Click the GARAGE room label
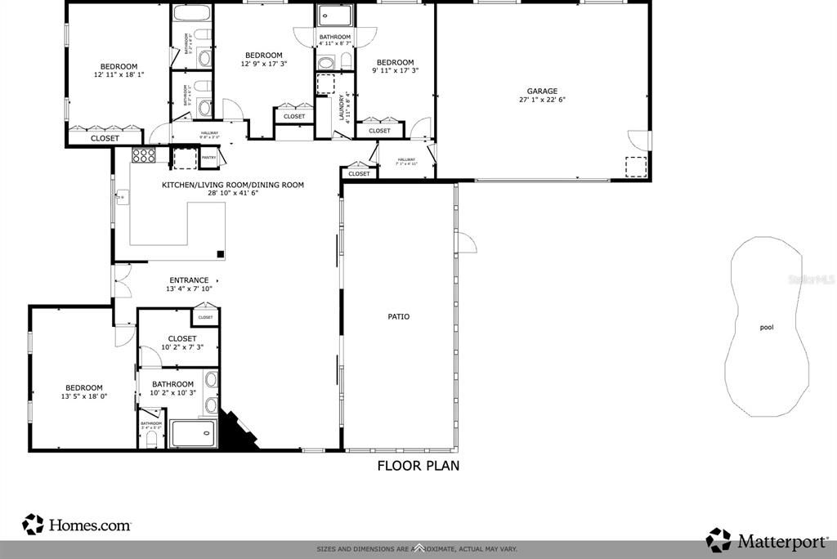(541, 92)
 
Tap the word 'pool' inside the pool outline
(766, 328)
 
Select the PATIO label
(399, 316)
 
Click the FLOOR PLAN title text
(418, 466)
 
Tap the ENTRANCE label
(189, 279)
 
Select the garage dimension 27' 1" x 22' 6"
(541, 101)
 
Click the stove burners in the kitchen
(144, 155)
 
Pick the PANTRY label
(209, 157)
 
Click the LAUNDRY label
(342, 110)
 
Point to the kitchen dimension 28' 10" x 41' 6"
(232, 194)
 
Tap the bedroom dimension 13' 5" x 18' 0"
(84, 396)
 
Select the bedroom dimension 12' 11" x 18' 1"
(119, 75)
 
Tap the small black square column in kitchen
(221, 253)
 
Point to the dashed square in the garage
(635, 166)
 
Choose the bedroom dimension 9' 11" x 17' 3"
(395, 71)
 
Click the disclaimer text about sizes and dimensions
(418, 549)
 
